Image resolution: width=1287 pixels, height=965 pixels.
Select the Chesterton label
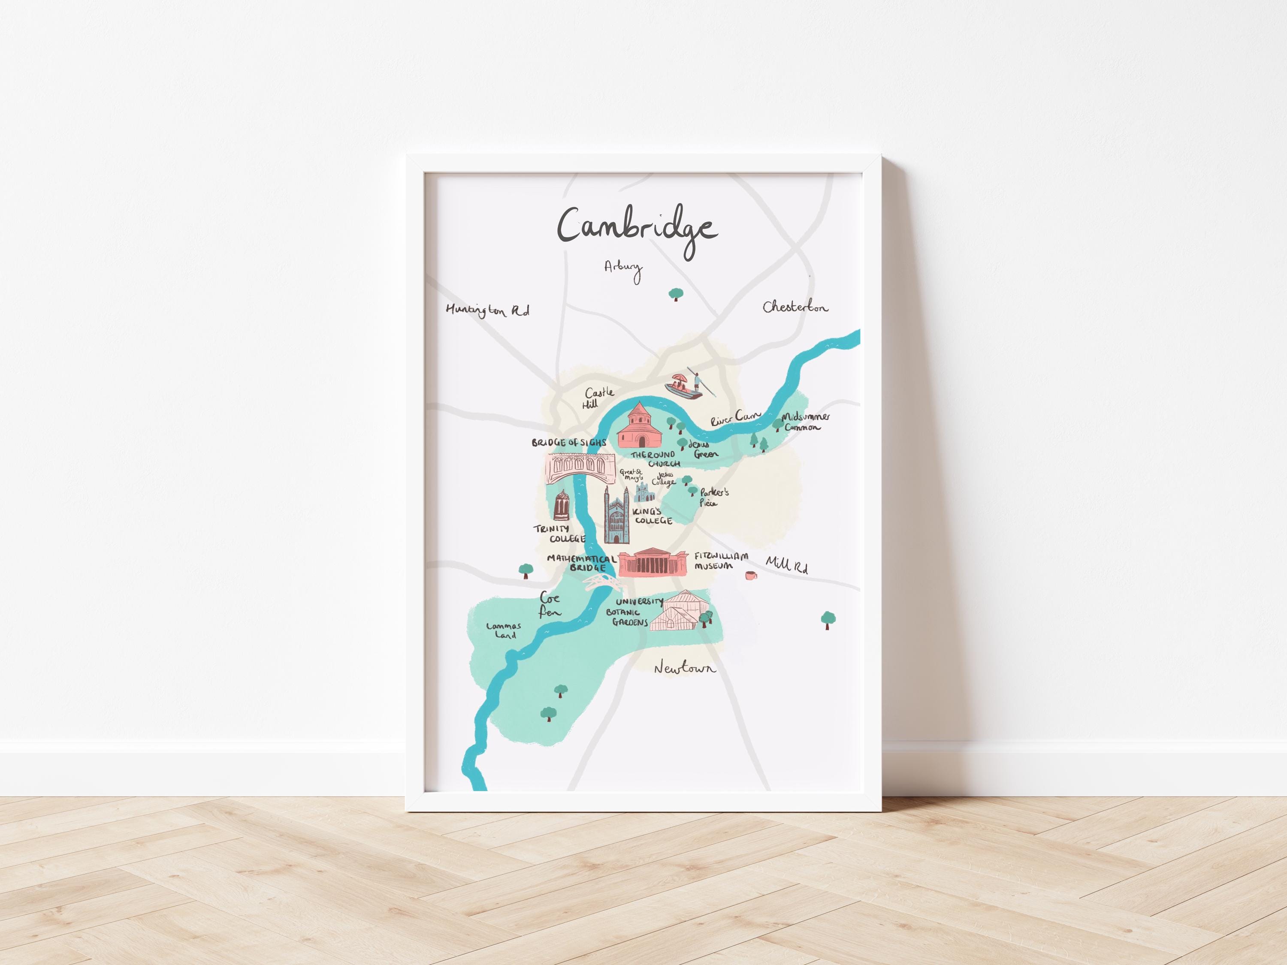point(795,307)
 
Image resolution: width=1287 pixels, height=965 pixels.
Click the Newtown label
point(685,668)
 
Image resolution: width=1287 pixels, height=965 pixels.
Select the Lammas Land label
point(504,630)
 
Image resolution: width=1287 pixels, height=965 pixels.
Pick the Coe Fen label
point(550,604)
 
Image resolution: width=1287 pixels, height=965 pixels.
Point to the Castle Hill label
point(598,398)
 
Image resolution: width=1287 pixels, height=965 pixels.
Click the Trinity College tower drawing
point(562,506)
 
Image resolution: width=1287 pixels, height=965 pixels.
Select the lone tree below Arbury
point(676,294)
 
